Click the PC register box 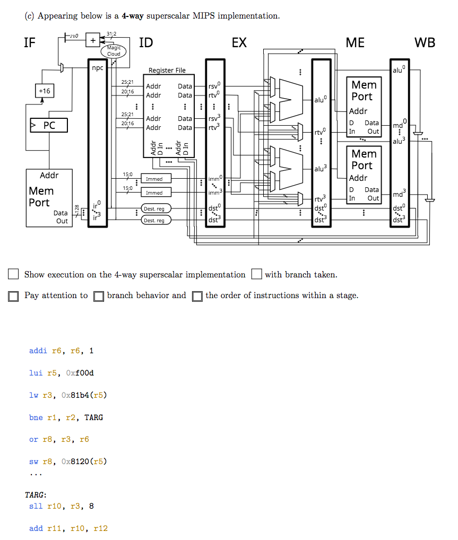[x=48, y=126]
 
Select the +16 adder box [x=44, y=91]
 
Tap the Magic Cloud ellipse [x=114, y=51]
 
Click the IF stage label [x=30, y=43]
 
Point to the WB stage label [x=424, y=43]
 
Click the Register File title [x=167, y=71]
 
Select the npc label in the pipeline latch [x=97, y=67]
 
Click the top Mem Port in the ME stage [x=364, y=91]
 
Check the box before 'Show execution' [x=13, y=274]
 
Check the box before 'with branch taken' [x=257, y=274]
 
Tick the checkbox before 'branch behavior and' [x=98, y=296]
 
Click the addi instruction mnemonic [x=38, y=351]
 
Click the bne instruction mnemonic [x=36, y=417]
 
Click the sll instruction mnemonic [x=36, y=506]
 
